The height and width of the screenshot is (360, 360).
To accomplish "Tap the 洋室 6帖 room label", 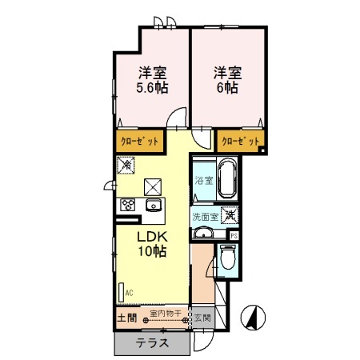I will tap(226, 79).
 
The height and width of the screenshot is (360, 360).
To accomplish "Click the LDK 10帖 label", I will tap(150, 244).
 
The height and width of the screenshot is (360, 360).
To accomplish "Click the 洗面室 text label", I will tap(205, 216).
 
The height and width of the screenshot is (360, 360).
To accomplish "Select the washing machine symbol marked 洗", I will tap(230, 214).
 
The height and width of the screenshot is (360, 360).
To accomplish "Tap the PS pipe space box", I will tap(234, 236).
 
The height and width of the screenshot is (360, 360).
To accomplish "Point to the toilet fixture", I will tap(226, 258).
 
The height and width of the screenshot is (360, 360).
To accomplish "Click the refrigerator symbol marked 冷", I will tap(126, 165).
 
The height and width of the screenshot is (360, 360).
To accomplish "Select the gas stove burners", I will tap(127, 206).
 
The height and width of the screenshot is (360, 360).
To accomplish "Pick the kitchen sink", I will tap(152, 206).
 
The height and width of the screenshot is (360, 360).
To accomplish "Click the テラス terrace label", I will tap(151, 343).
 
